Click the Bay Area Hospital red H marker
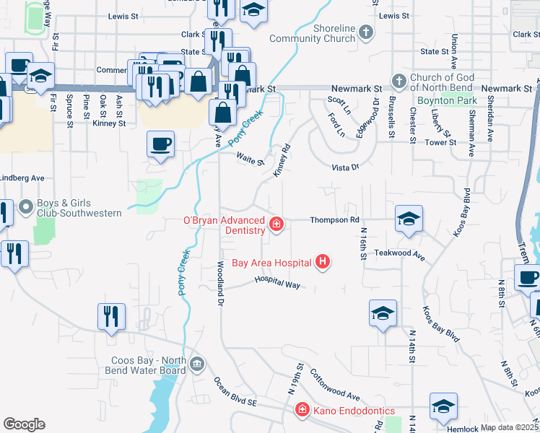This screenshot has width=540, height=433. [x=323, y=262]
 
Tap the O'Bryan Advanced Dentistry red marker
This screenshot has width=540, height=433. [x=276, y=225]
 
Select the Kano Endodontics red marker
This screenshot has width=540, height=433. [x=302, y=411]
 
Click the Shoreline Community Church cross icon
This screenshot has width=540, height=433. [x=366, y=32]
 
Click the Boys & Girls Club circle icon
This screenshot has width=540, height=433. [x=27, y=208]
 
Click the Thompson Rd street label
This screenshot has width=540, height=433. [x=334, y=219]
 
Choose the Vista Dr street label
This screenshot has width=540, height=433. [x=344, y=167]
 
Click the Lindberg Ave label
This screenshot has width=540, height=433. [x=22, y=178]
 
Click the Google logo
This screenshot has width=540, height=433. [x=24, y=424]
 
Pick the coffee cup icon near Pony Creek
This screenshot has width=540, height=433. [x=160, y=143]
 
